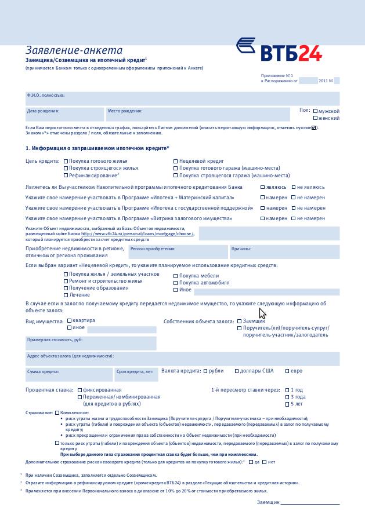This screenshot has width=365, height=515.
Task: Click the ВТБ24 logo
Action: point(279,50)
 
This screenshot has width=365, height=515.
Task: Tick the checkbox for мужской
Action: point(315,111)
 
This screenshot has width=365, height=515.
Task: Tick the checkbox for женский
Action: point(315,118)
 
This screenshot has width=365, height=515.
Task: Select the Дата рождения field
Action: point(64,114)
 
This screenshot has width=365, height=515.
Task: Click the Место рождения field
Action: point(197,114)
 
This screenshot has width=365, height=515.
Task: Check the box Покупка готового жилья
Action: point(66,161)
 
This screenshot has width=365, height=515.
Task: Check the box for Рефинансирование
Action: point(66,175)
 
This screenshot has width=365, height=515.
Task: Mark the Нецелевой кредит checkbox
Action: point(176,161)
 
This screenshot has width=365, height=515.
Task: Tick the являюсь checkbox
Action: point(263,188)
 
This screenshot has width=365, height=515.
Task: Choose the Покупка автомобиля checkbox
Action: point(176,283)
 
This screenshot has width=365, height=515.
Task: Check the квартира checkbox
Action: point(70,320)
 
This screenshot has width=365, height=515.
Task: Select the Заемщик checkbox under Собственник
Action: point(240,321)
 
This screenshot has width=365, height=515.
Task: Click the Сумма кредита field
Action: point(69,374)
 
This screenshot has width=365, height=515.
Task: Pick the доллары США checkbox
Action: point(237,371)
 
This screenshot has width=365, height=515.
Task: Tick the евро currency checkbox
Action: point(287,371)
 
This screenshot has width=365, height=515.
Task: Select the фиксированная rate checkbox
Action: point(80,390)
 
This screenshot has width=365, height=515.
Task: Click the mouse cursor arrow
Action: point(262,313)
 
